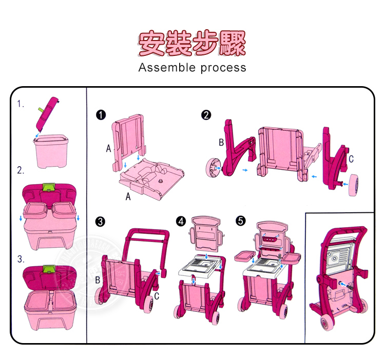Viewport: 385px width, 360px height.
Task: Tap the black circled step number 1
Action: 102,115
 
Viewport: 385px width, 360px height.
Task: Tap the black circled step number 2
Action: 206,115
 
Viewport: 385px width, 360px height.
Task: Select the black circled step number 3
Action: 101,222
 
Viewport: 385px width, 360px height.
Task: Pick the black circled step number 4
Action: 181,222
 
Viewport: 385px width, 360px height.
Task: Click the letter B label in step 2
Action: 221,143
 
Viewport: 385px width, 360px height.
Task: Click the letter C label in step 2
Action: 351,159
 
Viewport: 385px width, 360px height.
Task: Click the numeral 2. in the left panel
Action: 21,171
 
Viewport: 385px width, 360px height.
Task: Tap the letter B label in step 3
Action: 98,280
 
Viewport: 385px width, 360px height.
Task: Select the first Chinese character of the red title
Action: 152,43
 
